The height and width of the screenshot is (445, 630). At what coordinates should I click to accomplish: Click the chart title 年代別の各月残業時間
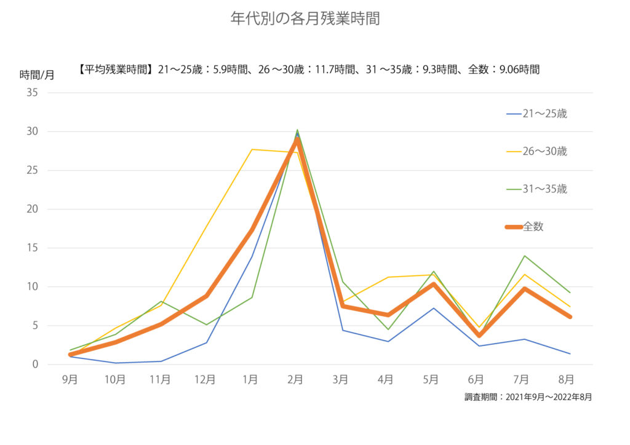tap(305, 18)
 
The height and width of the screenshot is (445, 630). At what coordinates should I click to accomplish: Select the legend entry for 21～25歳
tap(536, 114)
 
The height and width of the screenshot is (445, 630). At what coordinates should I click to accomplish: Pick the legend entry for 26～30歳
tap(536, 151)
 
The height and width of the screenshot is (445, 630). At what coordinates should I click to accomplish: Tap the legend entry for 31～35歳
tap(536, 189)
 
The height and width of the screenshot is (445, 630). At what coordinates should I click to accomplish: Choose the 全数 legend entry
tap(525, 227)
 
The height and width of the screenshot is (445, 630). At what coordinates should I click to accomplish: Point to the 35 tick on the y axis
tap(32, 93)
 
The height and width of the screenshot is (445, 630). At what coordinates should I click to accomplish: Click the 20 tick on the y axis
tap(32, 209)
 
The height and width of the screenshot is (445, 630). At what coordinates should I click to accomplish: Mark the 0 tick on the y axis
tap(35, 364)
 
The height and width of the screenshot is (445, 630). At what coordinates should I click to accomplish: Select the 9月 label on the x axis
tap(70, 380)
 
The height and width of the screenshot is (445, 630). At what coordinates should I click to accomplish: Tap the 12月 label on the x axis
tap(205, 380)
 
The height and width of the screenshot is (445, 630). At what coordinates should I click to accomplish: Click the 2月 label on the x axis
tap(295, 380)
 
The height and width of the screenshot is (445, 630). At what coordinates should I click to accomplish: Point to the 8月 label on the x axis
tap(566, 380)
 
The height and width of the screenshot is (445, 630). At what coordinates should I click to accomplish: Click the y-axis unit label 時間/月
tap(37, 75)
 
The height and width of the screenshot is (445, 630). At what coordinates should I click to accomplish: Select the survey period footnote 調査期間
tap(528, 397)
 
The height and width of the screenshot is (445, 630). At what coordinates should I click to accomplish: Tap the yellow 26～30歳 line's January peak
tap(252, 149)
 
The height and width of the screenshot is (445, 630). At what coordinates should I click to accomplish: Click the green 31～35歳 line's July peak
tap(524, 256)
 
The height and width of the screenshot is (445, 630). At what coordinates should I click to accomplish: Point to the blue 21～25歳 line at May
tap(434, 308)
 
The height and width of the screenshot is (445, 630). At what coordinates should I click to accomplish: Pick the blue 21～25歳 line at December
tap(207, 342)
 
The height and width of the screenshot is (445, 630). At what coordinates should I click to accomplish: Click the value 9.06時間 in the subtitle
tap(519, 69)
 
